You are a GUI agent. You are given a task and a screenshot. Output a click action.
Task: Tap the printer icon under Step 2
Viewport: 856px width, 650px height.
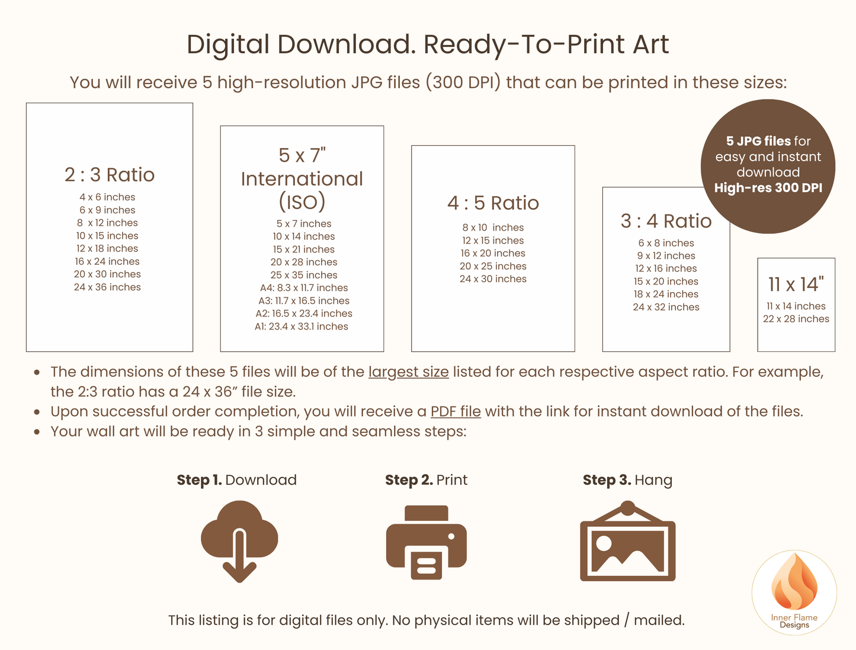pyautogui.click(x=426, y=542)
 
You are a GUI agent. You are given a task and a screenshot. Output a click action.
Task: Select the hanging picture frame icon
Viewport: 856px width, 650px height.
pyautogui.click(x=627, y=542)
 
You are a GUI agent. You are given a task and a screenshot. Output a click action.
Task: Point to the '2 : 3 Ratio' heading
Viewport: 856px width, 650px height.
pyautogui.click(x=110, y=175)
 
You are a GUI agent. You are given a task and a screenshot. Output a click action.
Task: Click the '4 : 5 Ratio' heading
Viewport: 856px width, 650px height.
pyautogui.click(x=493, y=203)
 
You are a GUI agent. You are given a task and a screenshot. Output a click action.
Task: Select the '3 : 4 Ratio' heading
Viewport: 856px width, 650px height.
pyautogui.click(x=666, y=221)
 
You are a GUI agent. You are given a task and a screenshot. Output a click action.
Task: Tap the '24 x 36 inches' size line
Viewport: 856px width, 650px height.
pyautogui.click(x=107, y=287)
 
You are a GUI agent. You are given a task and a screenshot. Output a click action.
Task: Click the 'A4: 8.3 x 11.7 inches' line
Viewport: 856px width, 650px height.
pyautogui.click(x=303, y=288)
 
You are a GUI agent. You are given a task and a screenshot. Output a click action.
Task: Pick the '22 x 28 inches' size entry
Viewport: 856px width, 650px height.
pyautogui.click(x=796, y=319)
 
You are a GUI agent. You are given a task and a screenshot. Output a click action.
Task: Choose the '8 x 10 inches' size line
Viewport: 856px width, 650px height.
pyautogui.click(x=493, y=228)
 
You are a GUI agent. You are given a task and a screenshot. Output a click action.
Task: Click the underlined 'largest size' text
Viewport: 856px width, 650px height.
pyautogui.click(x=408, y=372)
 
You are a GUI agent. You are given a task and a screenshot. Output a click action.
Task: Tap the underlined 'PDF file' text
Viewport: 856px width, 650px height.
pyautogui.click(x=456, y=412)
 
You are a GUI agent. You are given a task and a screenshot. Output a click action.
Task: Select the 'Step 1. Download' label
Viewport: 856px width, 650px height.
pyautogui.click(x=236, y=480)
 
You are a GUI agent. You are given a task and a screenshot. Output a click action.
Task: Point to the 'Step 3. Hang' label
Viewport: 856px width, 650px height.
pyautogui.click(x=627, y=480)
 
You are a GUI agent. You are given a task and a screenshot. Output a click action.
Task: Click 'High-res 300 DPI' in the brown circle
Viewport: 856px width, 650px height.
pyautogui.click(x=768, y=188)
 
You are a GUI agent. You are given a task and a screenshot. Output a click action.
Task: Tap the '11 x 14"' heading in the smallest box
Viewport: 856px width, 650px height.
pyautogui.click(x=796, y=284)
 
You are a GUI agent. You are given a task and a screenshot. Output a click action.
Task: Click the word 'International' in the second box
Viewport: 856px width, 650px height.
pyautogui.click(x=302, y=179)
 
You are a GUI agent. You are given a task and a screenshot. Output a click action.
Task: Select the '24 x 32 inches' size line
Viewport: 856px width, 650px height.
pyautogui.click(x=666, y=307)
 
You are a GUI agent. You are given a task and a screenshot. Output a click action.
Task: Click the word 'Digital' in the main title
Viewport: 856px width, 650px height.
pyautogui.click(x=228, y=44)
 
